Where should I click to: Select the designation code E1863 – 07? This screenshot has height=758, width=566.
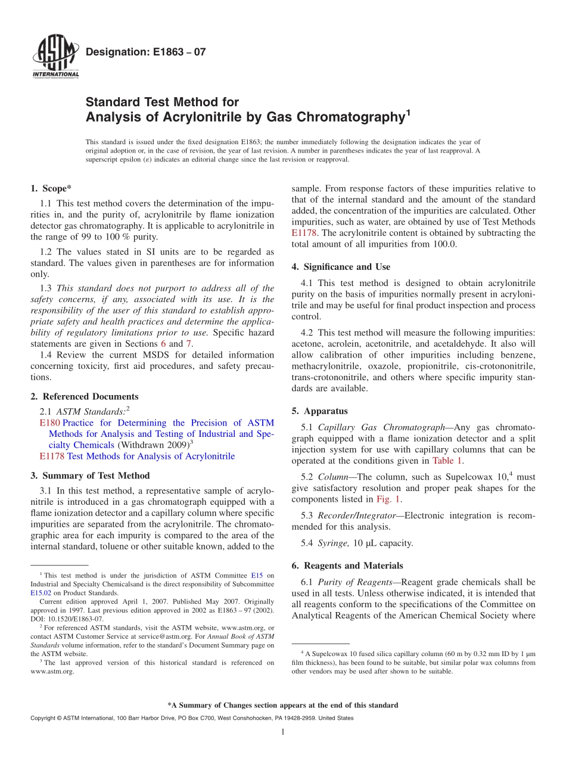pos(146,52)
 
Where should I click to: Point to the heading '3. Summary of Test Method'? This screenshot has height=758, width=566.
pos(90,476)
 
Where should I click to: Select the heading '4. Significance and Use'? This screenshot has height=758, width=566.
pos(341,267)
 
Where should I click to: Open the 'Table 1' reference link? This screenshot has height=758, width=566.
pos(447,460)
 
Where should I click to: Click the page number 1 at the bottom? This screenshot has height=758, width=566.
pos(283,732)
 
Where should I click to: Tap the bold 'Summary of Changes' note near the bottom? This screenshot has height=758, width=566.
pos(282,705)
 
